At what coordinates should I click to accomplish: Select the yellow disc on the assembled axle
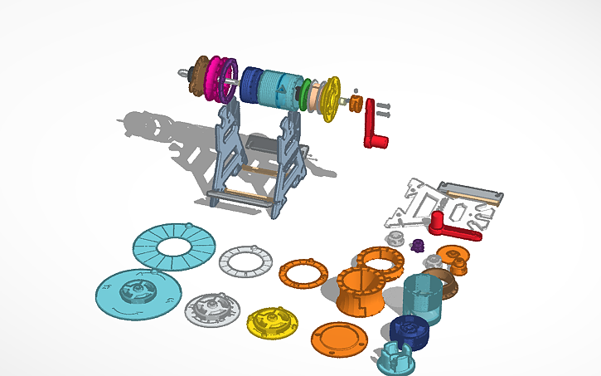coord(331,97)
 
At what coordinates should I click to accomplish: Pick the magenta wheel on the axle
coord(220,79)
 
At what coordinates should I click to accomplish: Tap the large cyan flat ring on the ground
coord(174,246)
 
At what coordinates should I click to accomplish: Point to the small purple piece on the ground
coord(418,245)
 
